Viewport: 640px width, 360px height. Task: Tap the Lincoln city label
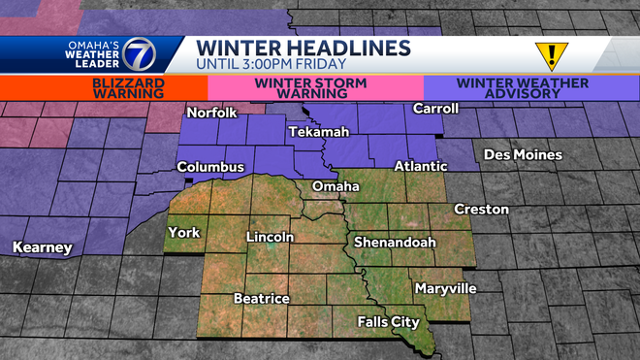(x=270, y=237)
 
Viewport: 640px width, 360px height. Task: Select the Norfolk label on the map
(x=212, y=113)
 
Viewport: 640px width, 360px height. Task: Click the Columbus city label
(x=210, y=167)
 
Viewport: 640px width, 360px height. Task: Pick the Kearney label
(x=42, y=248)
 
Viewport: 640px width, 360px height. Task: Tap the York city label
(x=183, y=232)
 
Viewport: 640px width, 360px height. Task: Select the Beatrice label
(x=261, y=298)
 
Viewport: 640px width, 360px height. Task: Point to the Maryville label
(x=445, y=288)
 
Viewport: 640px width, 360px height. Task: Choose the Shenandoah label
(x=394, y=242)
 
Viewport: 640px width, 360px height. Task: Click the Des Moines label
(x=523, y=155)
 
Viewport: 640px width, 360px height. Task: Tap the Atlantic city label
(x=420, y=167)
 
